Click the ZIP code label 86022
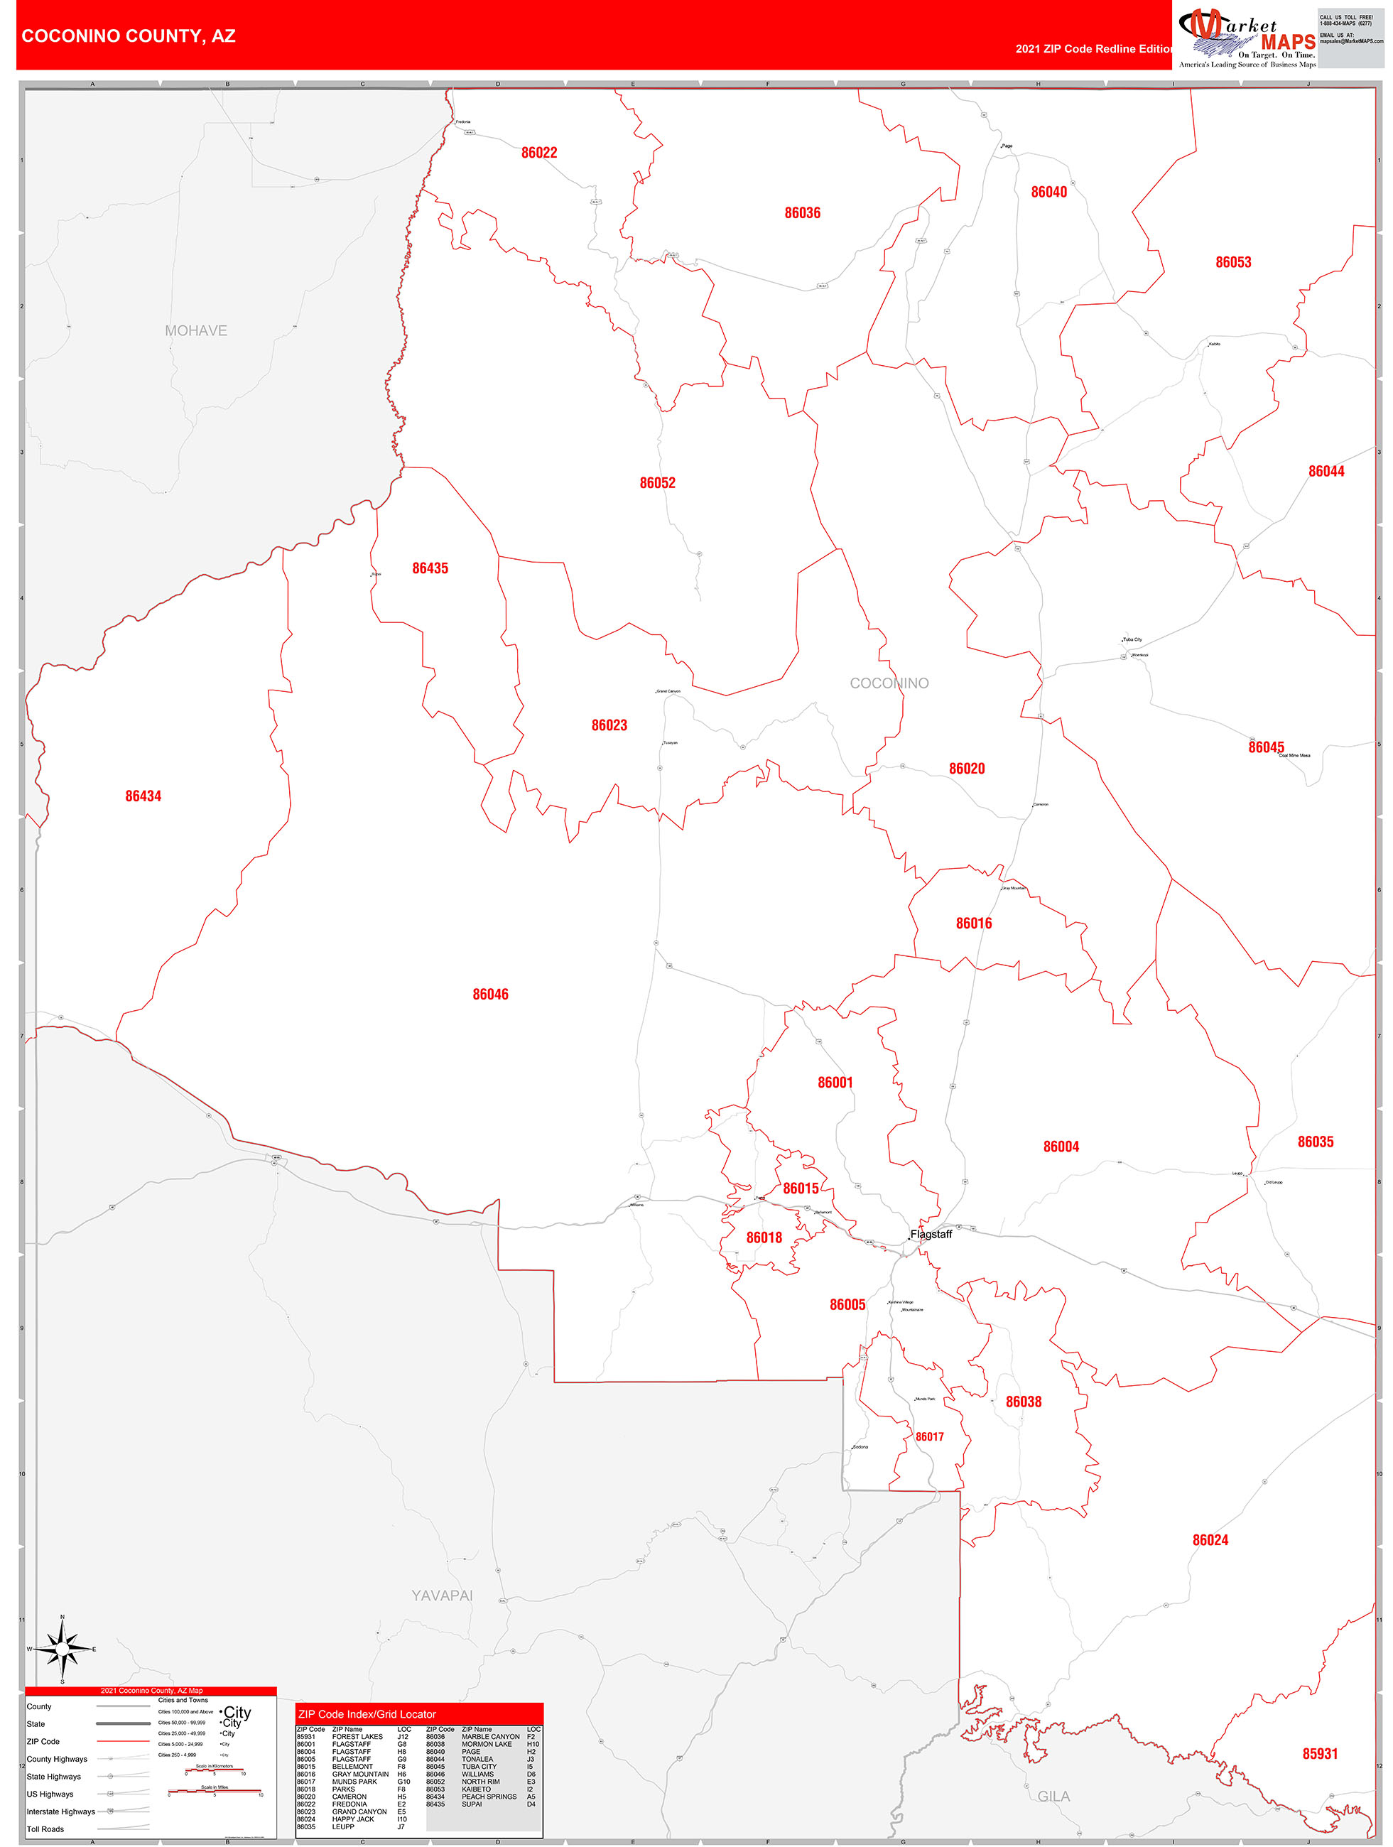[x=538, y=153]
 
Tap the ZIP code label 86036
[x=802, y=213]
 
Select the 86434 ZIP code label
[x=143, y=796]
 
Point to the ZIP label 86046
[x=490, y=994]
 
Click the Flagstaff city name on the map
[x=931, y=1234]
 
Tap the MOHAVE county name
[x=195, y=330]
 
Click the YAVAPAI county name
[x=442, y=1596]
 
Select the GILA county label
[x=1053, y=1796]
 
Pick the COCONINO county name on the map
[x=889, y=683]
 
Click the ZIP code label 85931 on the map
[x=1320, y=1753]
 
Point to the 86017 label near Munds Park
[x=928, y=1437]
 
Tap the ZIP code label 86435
[x=430, y=568]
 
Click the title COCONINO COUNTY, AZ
[x=129, y=36]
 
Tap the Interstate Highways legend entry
[x=61, y=1811]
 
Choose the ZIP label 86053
[x=1232, y=262]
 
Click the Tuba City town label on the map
[x=1132, y=639]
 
